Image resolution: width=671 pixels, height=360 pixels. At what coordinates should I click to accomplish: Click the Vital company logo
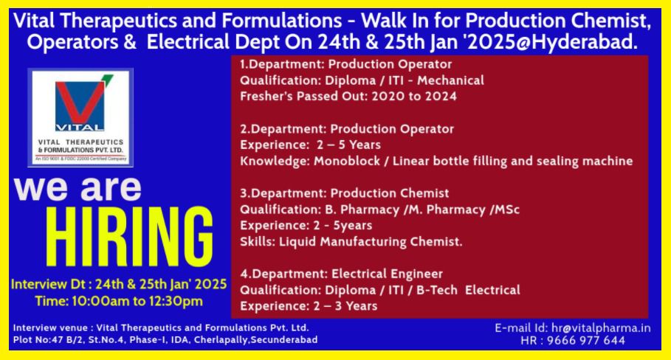coord(80,117)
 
